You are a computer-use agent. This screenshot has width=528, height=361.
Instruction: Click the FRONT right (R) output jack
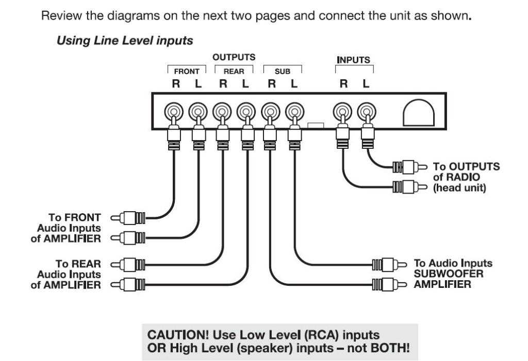click(x=173, y=111)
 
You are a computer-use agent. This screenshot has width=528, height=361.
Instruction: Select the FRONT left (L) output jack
click(x=197, y=111)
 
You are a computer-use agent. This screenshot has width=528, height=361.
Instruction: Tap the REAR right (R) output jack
click(x=222, y=111)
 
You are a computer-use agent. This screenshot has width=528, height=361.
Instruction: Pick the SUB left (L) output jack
click(x=293, y=111)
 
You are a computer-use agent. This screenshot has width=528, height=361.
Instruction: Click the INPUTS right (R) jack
click(x=341, y=111)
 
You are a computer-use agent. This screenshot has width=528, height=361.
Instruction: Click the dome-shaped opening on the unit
click(x=418, y=111)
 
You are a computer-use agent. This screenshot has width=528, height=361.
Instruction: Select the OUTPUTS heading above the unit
click(x=234, y=57)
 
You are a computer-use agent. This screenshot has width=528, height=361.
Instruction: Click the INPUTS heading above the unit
click(x=353, y=60)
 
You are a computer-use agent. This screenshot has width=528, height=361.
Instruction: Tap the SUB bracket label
click(x=282, y=72)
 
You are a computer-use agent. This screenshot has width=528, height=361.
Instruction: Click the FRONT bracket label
click(x=186, y=72)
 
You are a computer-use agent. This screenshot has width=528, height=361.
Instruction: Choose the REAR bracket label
click(x=234, y=72)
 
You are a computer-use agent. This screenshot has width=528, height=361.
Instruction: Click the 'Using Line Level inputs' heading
click(x=124, y=40)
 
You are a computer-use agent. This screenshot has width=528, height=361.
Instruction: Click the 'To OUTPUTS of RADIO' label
click(x=466, y=167)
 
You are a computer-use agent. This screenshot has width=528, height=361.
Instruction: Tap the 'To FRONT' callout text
click(x=81, y=217)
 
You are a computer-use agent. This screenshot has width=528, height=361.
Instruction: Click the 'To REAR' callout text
click(x=81, y=264)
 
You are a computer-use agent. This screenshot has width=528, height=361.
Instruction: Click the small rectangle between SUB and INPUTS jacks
click(x=315, y=125)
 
